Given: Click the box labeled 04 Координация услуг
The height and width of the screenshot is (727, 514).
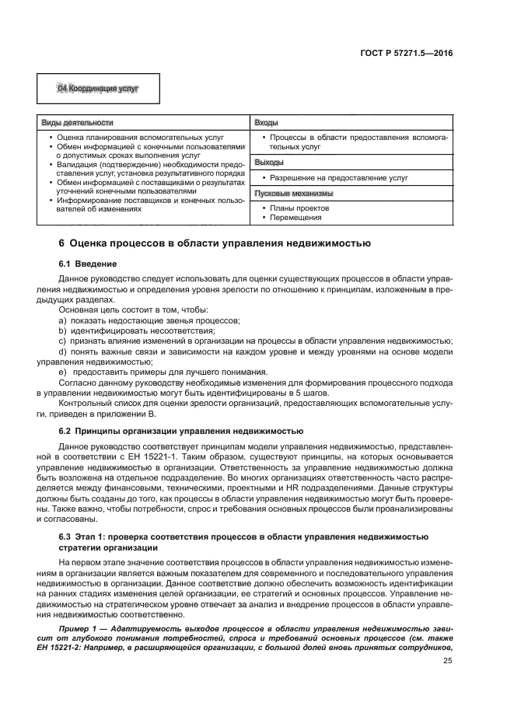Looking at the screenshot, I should point(98,89).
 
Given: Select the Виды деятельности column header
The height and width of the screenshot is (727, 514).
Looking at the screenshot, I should point(77,124).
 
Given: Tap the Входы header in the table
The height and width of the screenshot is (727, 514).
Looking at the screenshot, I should point(267,124).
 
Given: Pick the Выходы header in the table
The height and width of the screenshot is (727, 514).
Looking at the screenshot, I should point(269,163).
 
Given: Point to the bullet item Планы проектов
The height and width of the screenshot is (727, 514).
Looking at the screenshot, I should point(299,208).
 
